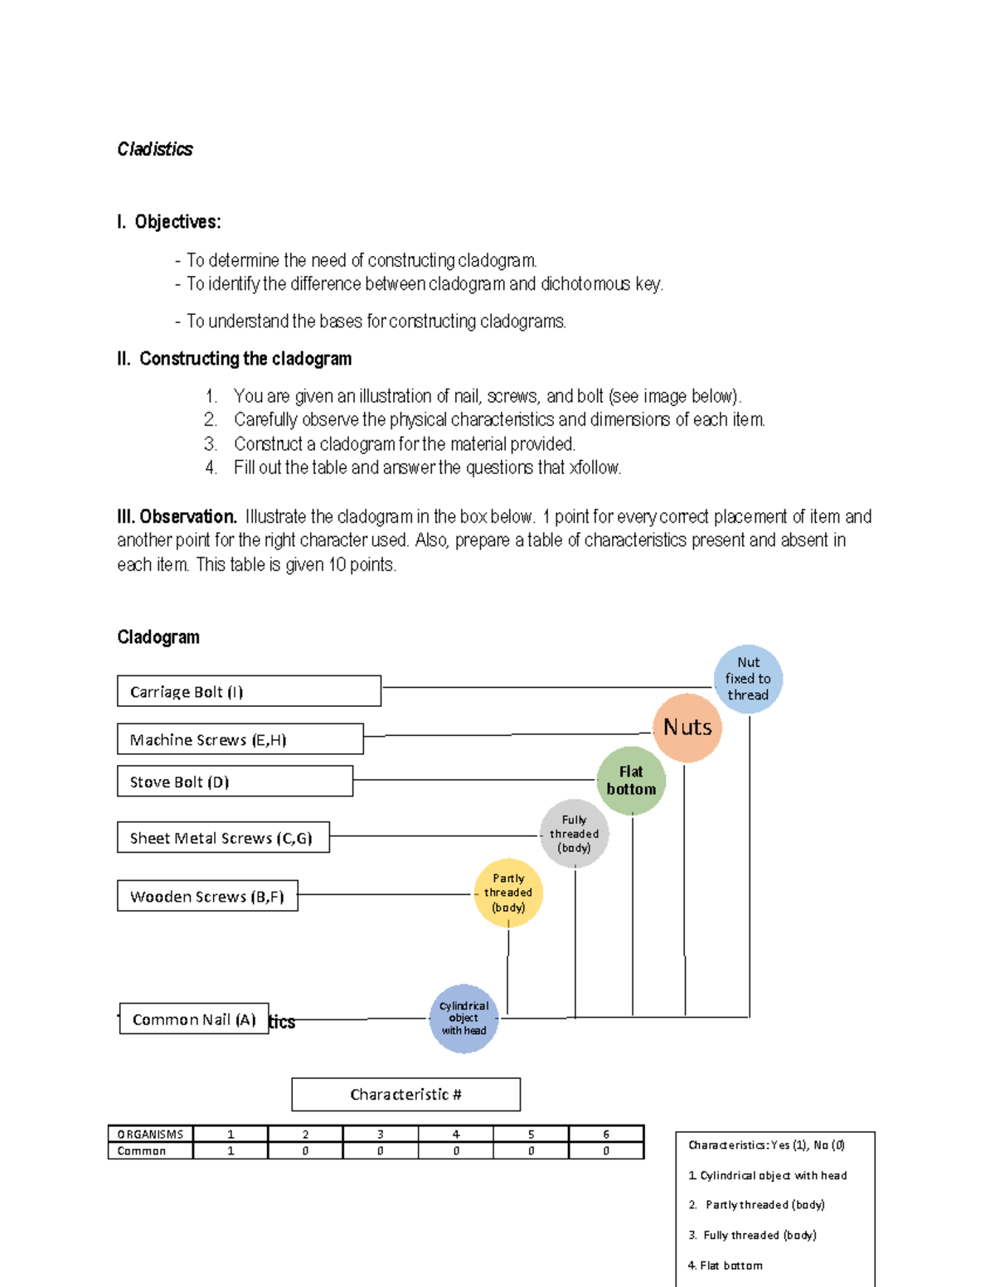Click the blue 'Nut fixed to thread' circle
click(748, 679)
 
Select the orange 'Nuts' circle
click(687, 728)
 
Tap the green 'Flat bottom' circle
click(631, 781)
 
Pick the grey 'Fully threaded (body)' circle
click(574, 834)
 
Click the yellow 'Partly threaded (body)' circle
click(508, 893)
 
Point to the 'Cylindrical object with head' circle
click(464, 1018)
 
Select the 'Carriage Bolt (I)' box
click(249, 691)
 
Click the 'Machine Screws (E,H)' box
click(240, 739)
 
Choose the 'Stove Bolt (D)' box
click(235, 781)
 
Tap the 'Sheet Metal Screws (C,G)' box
click(223, 838)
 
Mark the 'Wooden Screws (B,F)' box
click(207, 896)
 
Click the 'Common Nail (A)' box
click(194, 1019)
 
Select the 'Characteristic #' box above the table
click(405, 1095)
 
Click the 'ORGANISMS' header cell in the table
click(150, 1135)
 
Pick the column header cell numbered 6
click(606, 1135)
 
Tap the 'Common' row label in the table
click(150, 1151)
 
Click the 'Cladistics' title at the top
click(155, 149)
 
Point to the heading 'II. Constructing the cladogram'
click(235, 359)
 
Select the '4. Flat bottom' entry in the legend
click(726, 1265)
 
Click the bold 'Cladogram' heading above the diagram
click(158, 637)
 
